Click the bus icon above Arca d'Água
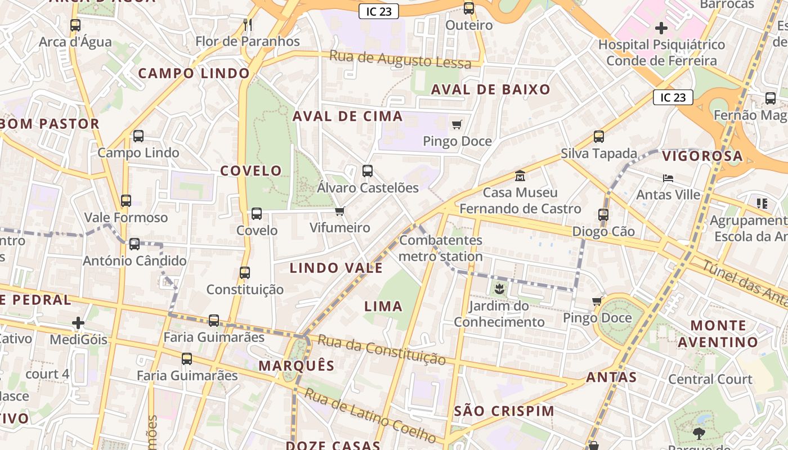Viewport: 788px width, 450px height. coord(75,25)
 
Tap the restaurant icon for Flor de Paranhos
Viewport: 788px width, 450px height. coord(247,25)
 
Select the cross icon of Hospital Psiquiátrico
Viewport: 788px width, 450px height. coord(661,28)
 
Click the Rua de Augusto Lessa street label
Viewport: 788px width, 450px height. coord(400,60)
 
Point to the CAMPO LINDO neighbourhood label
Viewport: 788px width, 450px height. coord(194,73)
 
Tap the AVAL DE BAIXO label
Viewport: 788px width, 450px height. coord(490,89)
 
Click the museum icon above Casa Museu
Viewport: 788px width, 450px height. coord(520,176)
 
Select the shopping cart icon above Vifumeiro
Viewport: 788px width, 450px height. coord(339,211)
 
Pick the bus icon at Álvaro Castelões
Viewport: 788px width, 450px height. coord(368,171)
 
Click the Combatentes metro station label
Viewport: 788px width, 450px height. coord(441,248)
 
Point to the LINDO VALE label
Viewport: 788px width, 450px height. coord(336,268)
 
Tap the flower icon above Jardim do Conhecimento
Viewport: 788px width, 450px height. coord(499,290)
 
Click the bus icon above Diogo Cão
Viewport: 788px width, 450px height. coord(603,214)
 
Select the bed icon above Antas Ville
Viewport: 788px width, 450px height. coord(668,178)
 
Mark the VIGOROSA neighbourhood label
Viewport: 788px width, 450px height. coord(702,156)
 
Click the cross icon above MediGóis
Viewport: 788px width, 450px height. coord(78,323)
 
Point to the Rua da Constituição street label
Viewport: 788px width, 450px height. coord(382,349)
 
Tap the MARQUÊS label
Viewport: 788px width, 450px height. coord(296,366)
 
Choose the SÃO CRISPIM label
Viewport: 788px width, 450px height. coord(504,411)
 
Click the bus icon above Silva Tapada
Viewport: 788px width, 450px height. coord(599,137)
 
